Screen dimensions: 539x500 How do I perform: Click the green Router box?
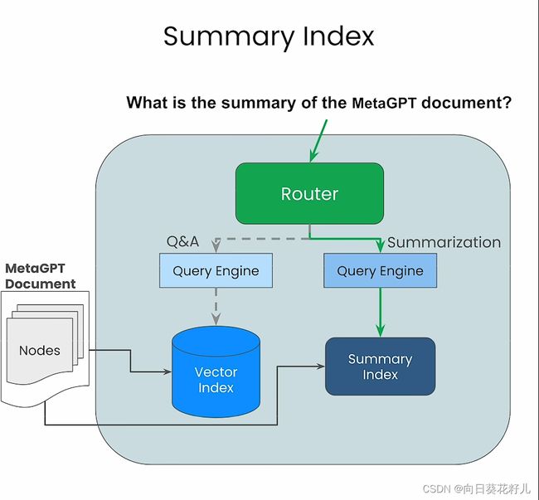[309, 193]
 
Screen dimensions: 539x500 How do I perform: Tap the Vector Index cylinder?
[216, 371]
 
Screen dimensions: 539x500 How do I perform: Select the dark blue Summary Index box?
[380, 367]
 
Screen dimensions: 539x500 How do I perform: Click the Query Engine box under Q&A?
[216, 270]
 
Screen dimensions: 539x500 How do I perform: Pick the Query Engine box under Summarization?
[380, 270]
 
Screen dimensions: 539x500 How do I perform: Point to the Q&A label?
[182, 241]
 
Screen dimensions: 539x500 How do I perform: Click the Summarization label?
[444, 243]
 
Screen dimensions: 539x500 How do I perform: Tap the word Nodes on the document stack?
[40, 351]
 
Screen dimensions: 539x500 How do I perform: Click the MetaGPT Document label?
[41, 276]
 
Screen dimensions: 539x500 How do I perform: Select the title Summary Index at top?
[269, 36]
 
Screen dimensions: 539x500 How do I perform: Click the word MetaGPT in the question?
[384, 103]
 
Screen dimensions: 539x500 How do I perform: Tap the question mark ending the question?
[507, 103]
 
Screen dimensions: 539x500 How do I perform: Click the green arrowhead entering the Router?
[313, 157]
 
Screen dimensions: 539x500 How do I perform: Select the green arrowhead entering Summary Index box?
[380, 331]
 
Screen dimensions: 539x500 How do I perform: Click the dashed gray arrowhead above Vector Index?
[216, 319]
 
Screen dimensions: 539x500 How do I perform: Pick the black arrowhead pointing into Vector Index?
[168, 371]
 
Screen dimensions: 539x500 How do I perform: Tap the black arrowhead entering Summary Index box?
[321, 367]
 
